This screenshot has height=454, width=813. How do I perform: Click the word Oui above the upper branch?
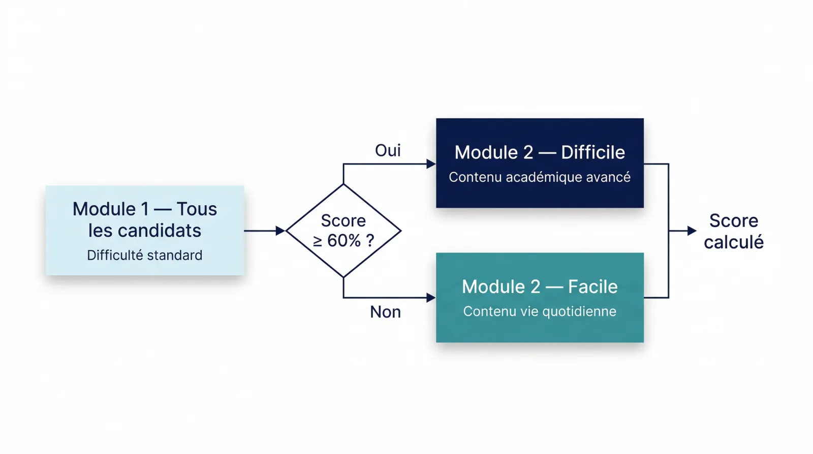point(388,150)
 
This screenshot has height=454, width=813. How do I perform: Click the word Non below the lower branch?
point(385,312)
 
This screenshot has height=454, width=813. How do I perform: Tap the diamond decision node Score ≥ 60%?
point(343,231)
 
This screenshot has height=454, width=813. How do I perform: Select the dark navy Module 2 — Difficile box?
point(540,163)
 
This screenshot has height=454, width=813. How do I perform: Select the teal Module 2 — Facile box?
point(540,298)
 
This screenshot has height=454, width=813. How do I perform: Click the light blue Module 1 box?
point(145,231)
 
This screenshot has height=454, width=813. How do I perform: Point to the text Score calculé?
point(733,232)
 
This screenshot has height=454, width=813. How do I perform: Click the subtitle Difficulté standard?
point(144,255)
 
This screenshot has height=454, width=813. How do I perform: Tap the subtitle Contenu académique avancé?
point(540,177)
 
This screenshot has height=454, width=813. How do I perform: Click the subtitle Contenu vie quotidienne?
point(540,311)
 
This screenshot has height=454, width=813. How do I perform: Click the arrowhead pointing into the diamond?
point(280,231)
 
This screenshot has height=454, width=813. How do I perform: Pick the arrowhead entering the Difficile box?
point(431,164)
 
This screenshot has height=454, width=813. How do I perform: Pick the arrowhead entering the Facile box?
point(431,298)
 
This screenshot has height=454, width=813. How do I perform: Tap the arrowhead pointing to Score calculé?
point(692,231)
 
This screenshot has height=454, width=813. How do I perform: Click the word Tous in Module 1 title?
point(197,209)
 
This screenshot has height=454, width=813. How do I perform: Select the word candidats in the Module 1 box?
point(160,231)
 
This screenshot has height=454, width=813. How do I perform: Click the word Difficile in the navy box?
point(593,152)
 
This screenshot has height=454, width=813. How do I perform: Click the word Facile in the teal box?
point(592,287)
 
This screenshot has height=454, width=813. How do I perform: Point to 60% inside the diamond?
point(344,241)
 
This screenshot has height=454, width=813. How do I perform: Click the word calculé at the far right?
point(733,242)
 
